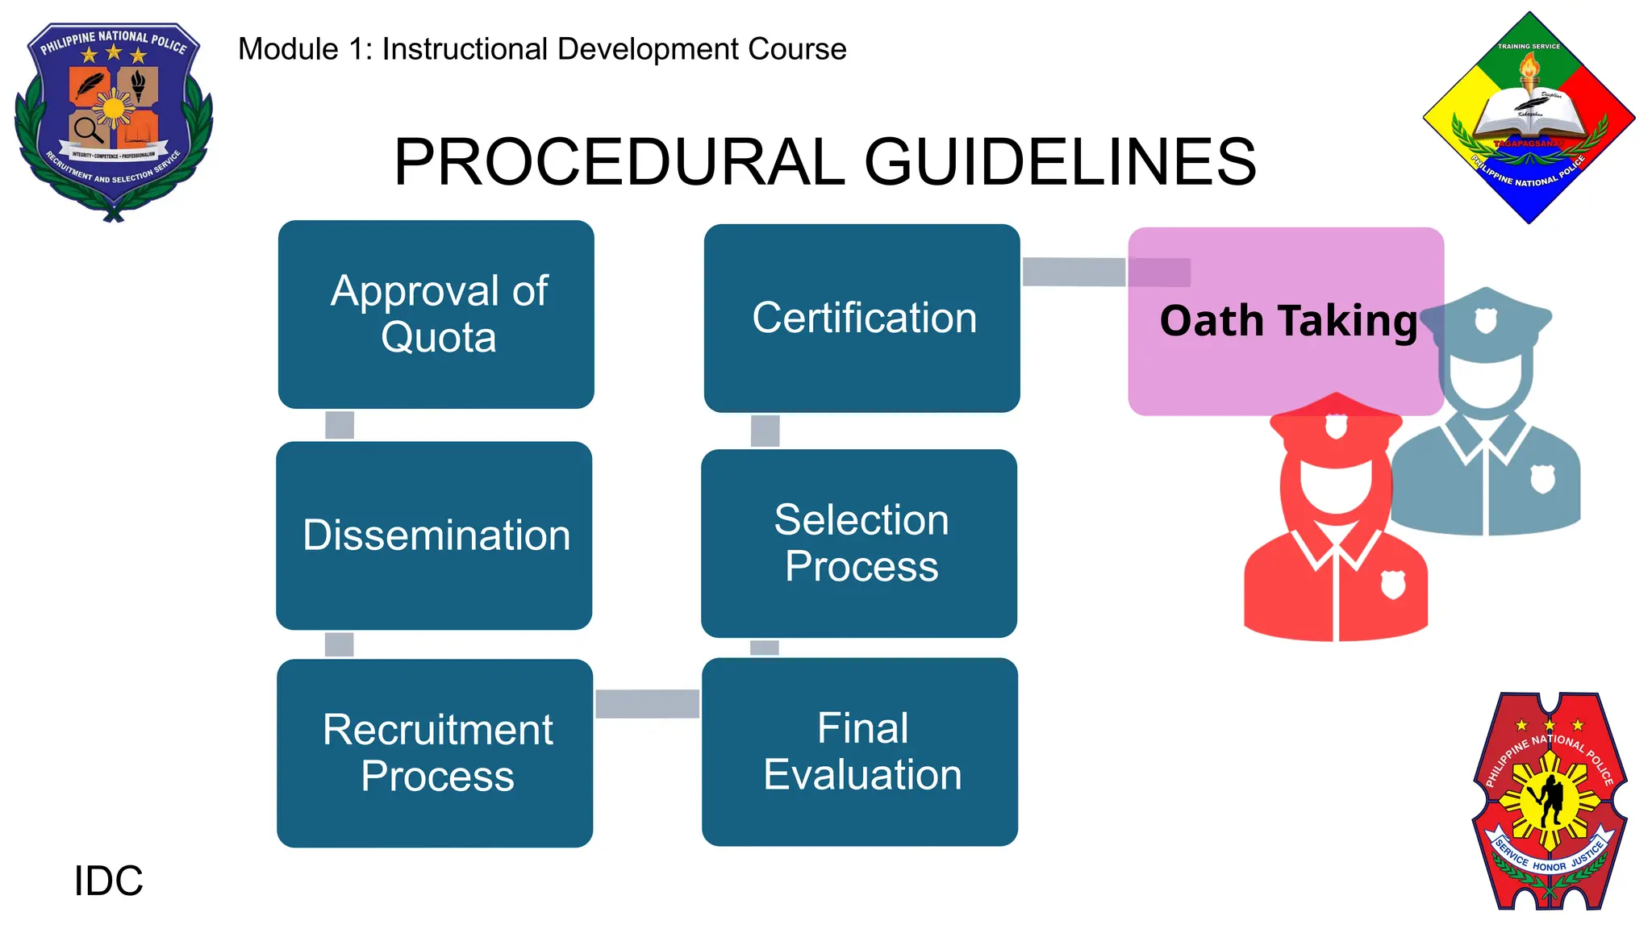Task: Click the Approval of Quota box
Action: coord(436,315)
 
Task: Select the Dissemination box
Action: coord(434,535)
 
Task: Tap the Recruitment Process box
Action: coord(435,752)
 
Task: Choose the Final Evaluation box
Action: coord(860,752)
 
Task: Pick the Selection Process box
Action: coord(859,543)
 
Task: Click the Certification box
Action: coord(861,318)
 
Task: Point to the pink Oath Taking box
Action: coord(1286,321)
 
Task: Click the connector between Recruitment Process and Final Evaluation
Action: coord(647,703)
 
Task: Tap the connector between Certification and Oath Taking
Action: coord(1074,272)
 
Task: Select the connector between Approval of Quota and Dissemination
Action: coord(340,425)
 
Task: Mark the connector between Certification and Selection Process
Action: coord(765,431)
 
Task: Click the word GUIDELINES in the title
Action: coord(1060,162)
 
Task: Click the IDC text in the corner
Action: coord(108,881)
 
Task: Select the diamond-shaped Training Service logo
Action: coord(1529,118)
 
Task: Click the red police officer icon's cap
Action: coord(1336,423)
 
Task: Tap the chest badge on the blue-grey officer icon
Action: coord(1542,479)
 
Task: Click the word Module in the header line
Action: coord(288,49)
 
